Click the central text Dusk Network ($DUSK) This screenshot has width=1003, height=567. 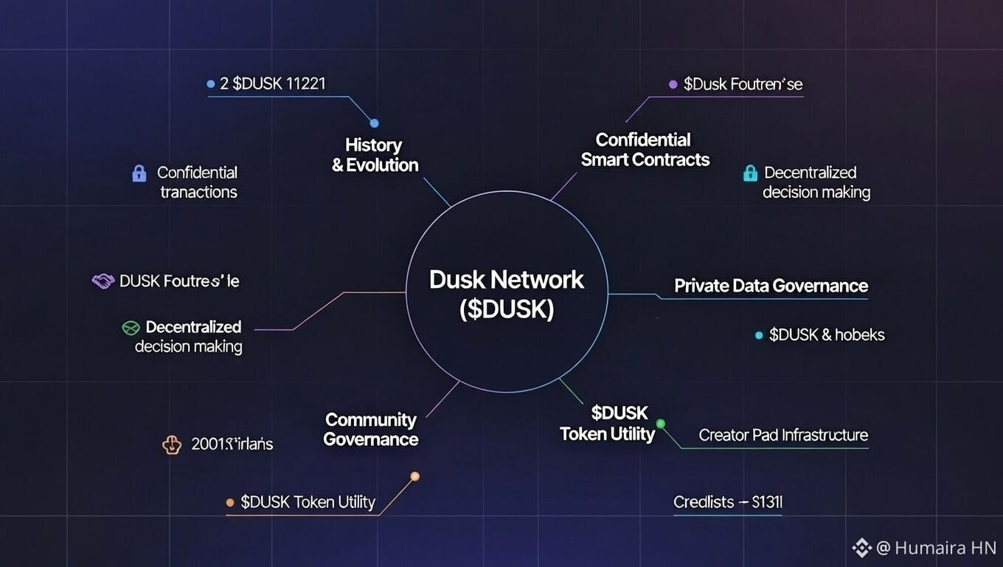pos(506,293)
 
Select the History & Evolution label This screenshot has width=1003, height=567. pos(375,155)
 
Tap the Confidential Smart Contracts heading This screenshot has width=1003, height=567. pos(645,149)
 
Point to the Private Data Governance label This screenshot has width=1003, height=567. pos(771,286)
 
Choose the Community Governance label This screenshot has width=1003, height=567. pos(371,430)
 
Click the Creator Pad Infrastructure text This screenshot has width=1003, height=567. pos(783,435)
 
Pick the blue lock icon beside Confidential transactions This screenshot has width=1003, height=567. pos(139,173)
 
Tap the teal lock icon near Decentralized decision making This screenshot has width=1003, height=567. pos(750,173)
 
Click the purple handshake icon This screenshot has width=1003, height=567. pos(103,281)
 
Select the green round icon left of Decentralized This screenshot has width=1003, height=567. pos(131,327)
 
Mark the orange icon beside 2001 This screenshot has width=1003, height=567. pos(171,444)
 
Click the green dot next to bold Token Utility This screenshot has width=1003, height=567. pos(661,424)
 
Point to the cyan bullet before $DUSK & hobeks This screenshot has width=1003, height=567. pos(758,335)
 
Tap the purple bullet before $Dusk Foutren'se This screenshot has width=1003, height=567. pos(673,85)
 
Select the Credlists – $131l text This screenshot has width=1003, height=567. pos(727,502)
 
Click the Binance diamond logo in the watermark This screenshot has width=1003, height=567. pos(862,548)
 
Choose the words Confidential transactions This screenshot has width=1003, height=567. pos(197,182)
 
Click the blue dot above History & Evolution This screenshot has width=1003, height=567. pos(374,123)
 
